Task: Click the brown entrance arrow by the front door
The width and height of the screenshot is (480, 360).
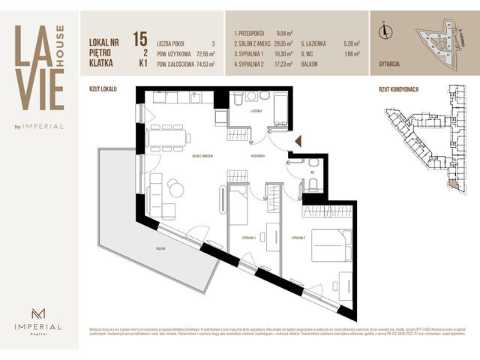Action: (x=298, y=140)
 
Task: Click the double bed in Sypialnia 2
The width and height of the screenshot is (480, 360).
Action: (x=327, y=244)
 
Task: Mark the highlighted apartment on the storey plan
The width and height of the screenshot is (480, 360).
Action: (x=451, y=181)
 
